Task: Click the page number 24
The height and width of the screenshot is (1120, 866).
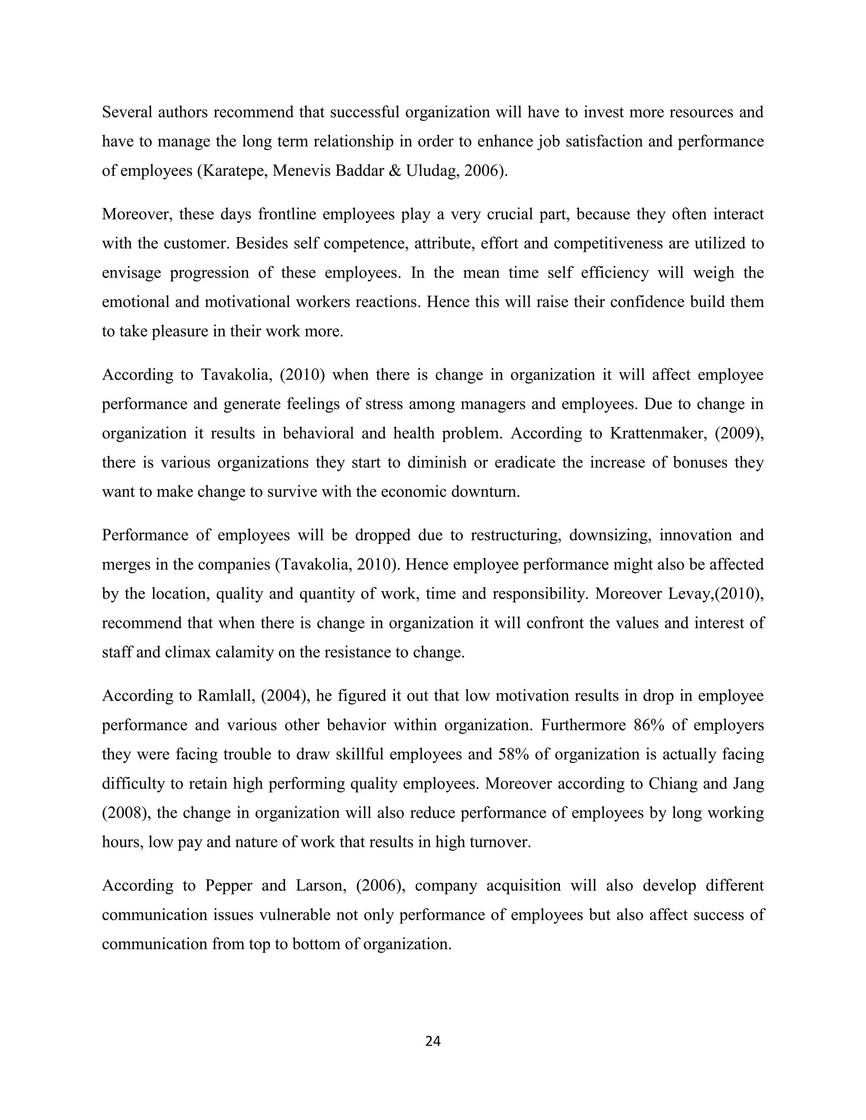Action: [x=433, y=1041]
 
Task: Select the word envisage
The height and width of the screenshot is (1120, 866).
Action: [x=132, y=273]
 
